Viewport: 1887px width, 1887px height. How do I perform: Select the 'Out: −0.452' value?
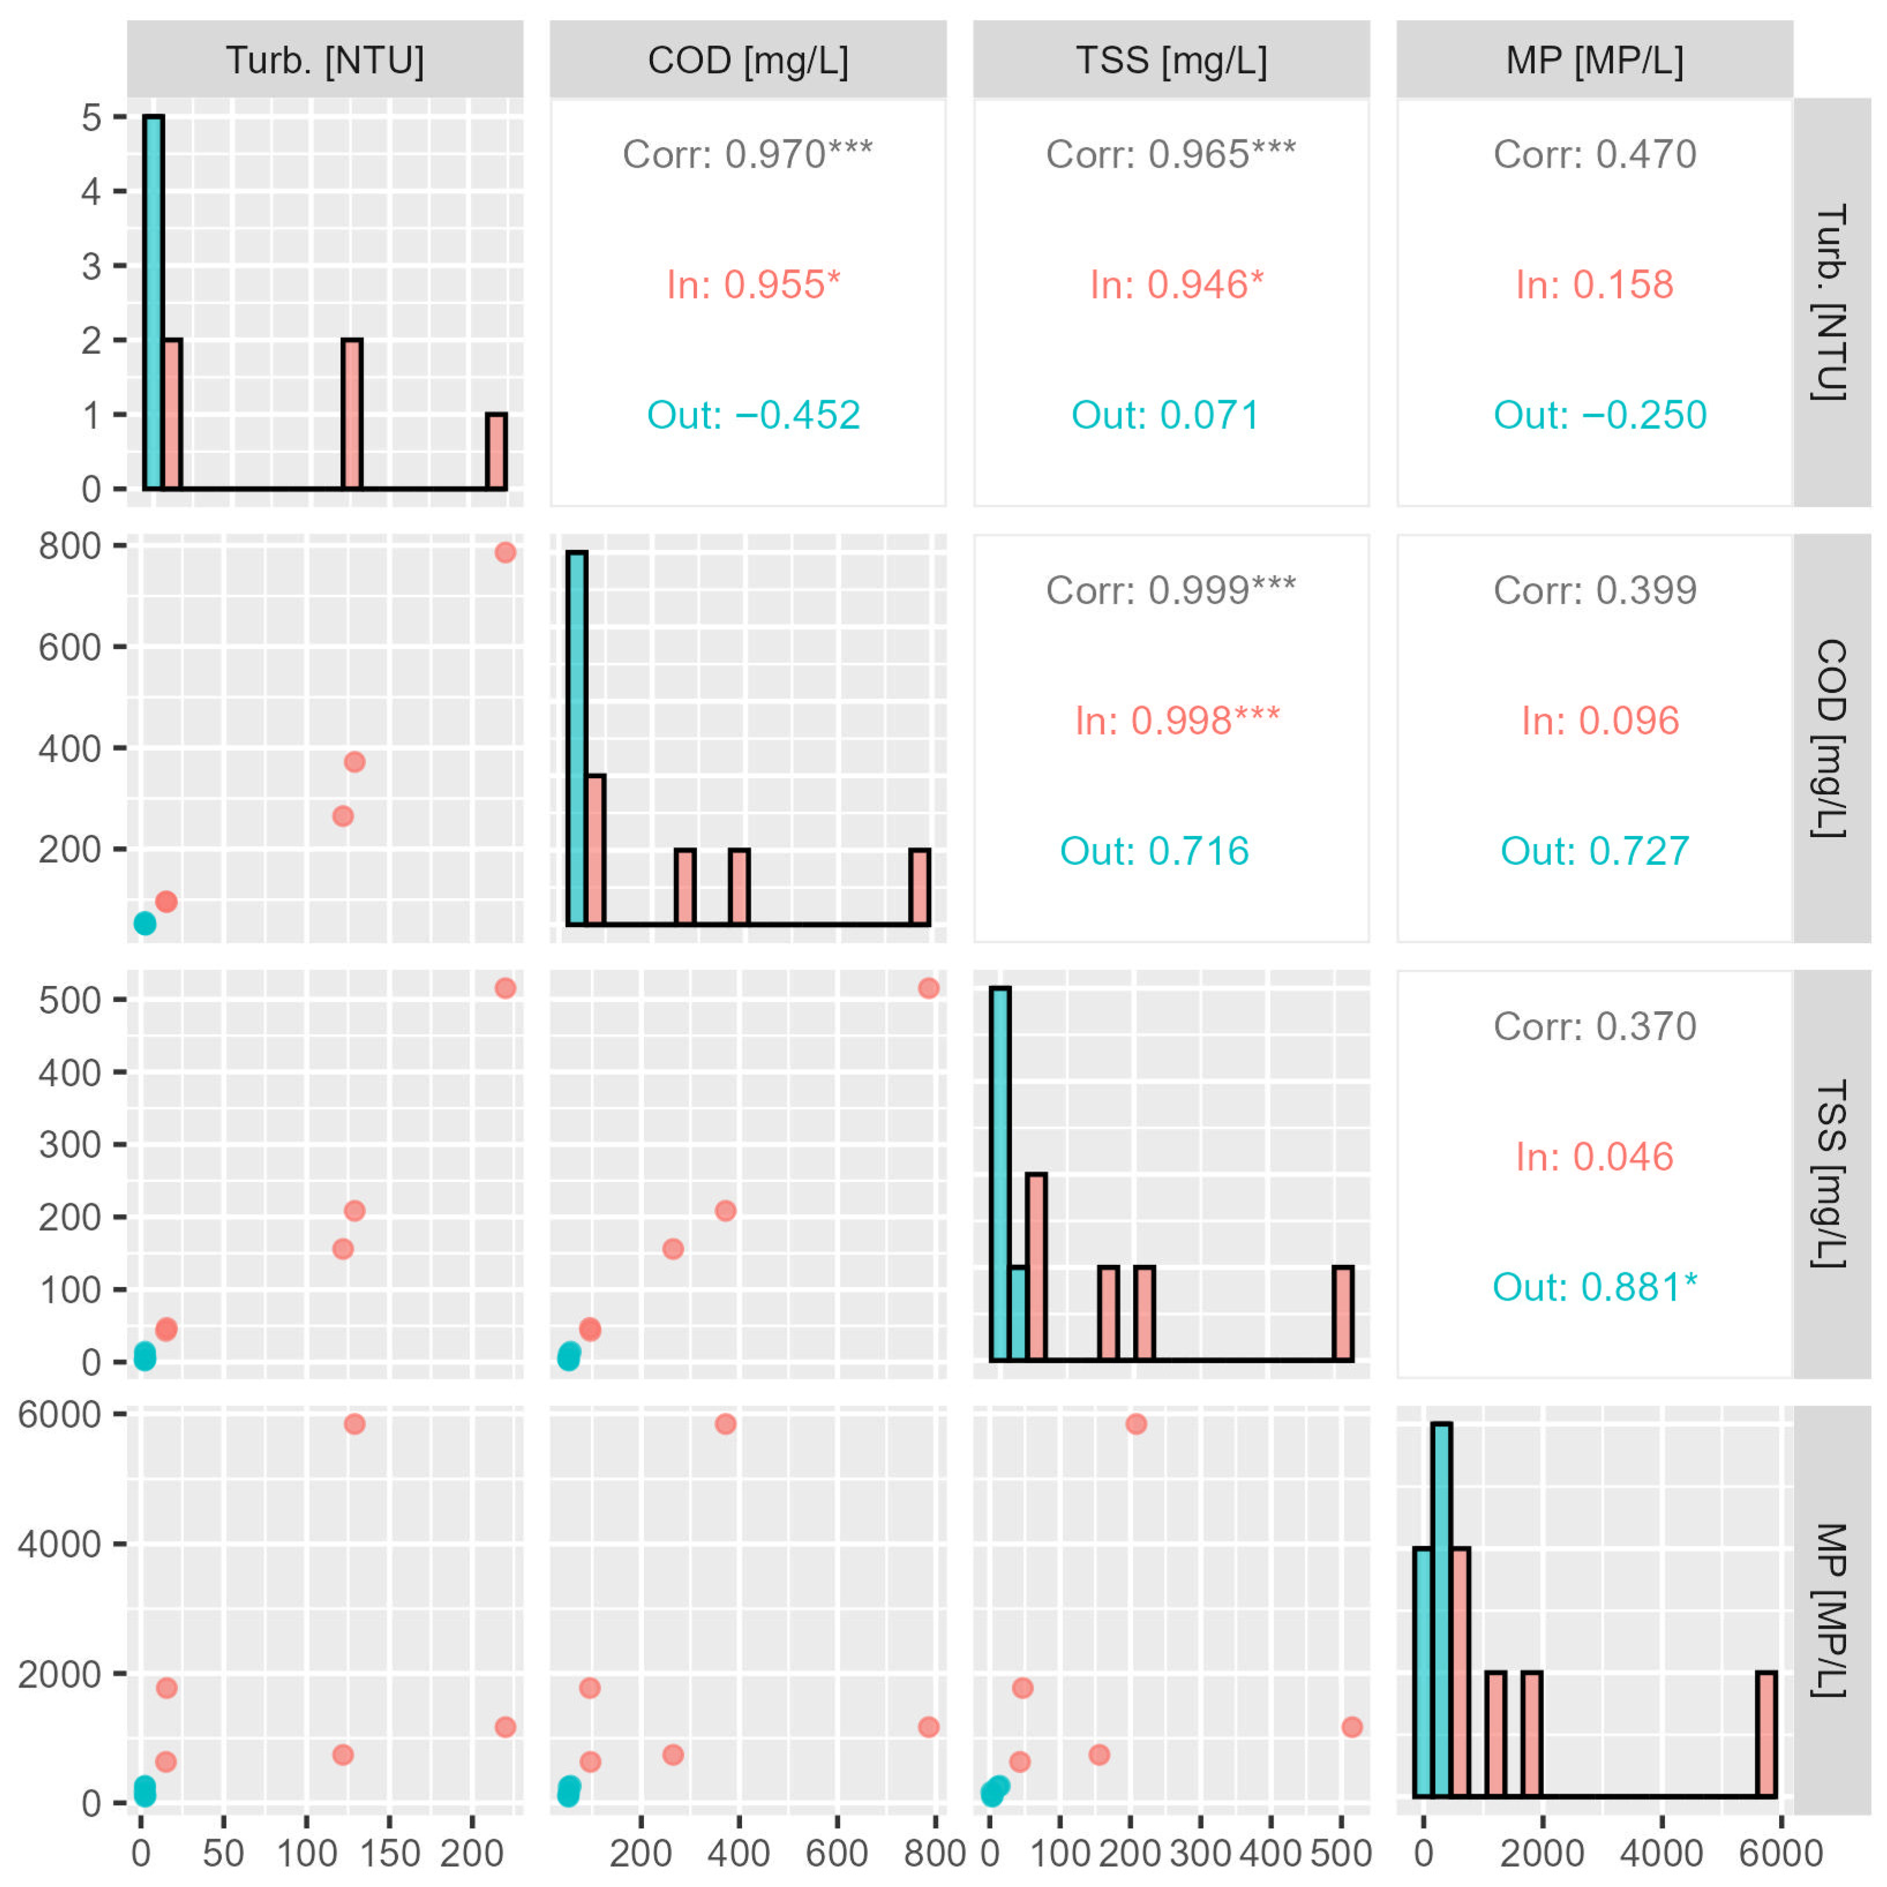click(x=753, y=415)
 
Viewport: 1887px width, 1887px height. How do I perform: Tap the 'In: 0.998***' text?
click(x=1177, y=721)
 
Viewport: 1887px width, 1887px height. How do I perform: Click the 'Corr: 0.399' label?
click(x=1595, y=590)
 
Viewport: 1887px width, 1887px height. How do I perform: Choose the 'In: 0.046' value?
click(x=1595, y=1157)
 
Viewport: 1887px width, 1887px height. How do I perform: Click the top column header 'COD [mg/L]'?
click(x=748, y=61)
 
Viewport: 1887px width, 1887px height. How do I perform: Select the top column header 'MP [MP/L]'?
click(x=1595, y=61)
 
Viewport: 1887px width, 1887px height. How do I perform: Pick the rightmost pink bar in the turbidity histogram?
click(x=496, y=451)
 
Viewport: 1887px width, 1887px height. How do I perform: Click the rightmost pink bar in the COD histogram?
click(x=919, y=887)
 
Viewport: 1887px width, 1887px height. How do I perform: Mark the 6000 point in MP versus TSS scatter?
click(x=1136, y=1424)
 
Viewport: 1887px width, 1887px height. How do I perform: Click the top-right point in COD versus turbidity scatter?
click(x=505, y=553)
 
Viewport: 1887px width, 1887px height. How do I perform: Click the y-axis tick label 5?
click(x=91, y=117)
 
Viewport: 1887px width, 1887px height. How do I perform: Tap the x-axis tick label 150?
click(x=390, y=1853)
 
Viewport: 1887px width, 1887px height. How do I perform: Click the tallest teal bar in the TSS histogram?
click(x=1000, y=1174)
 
